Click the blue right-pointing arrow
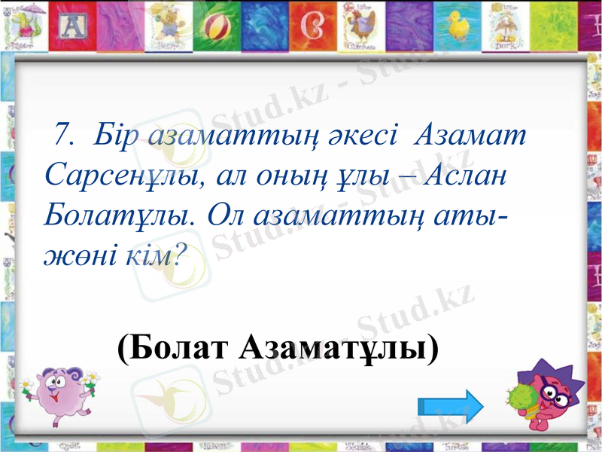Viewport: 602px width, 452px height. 450,408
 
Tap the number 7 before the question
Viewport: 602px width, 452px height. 62,136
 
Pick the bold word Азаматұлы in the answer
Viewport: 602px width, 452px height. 339,347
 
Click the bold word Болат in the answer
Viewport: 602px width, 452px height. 174,347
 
